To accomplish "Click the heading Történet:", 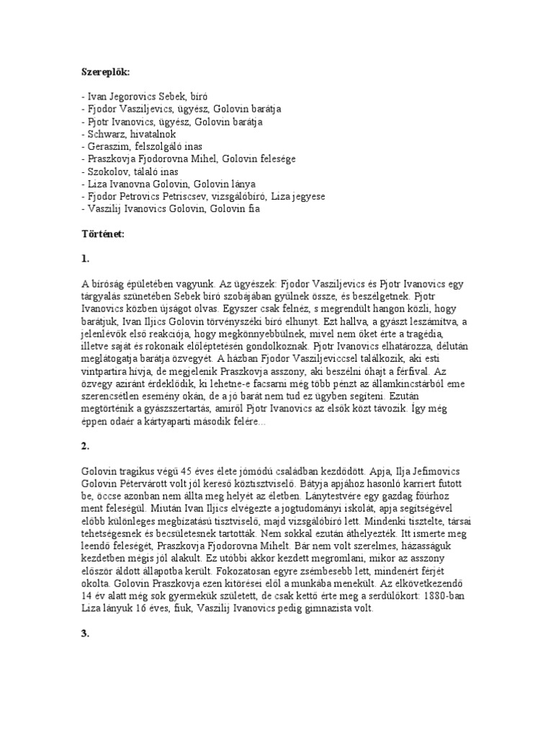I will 103,235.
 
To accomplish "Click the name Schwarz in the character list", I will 104,134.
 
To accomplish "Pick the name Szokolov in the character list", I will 107,172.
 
